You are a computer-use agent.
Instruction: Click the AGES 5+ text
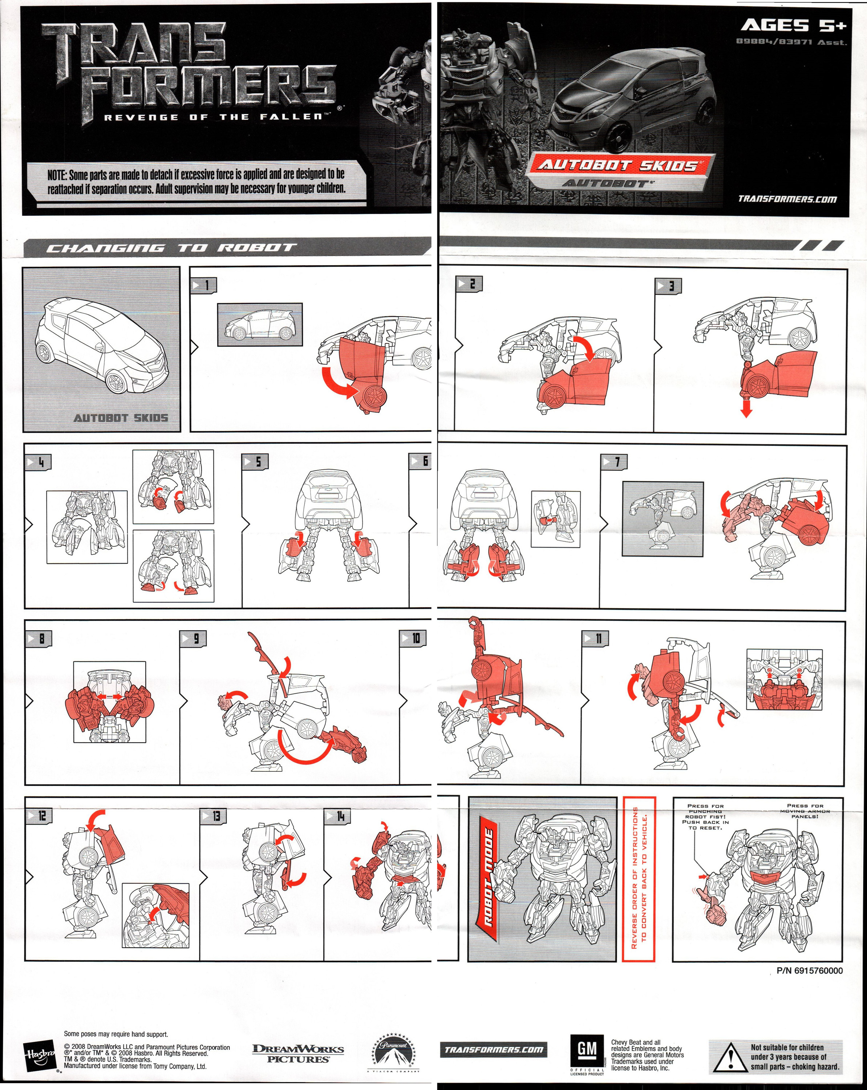pyautogui.click(x=793, y=25)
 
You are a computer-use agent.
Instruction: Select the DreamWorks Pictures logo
pyautogui.click(x=298, y=1053)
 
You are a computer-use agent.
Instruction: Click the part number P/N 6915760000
pyautogui.click(x=809, y=970)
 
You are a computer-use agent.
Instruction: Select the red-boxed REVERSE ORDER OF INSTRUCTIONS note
pyautogui.click(x=639, y=879)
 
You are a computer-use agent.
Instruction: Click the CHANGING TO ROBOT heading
pyautogui.click(x=169, y=248)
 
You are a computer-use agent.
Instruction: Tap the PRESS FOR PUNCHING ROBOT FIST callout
pyautogui.click(x=705, y=816)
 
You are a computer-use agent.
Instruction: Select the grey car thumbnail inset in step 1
pyautogui.click(x=260, y=324)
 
